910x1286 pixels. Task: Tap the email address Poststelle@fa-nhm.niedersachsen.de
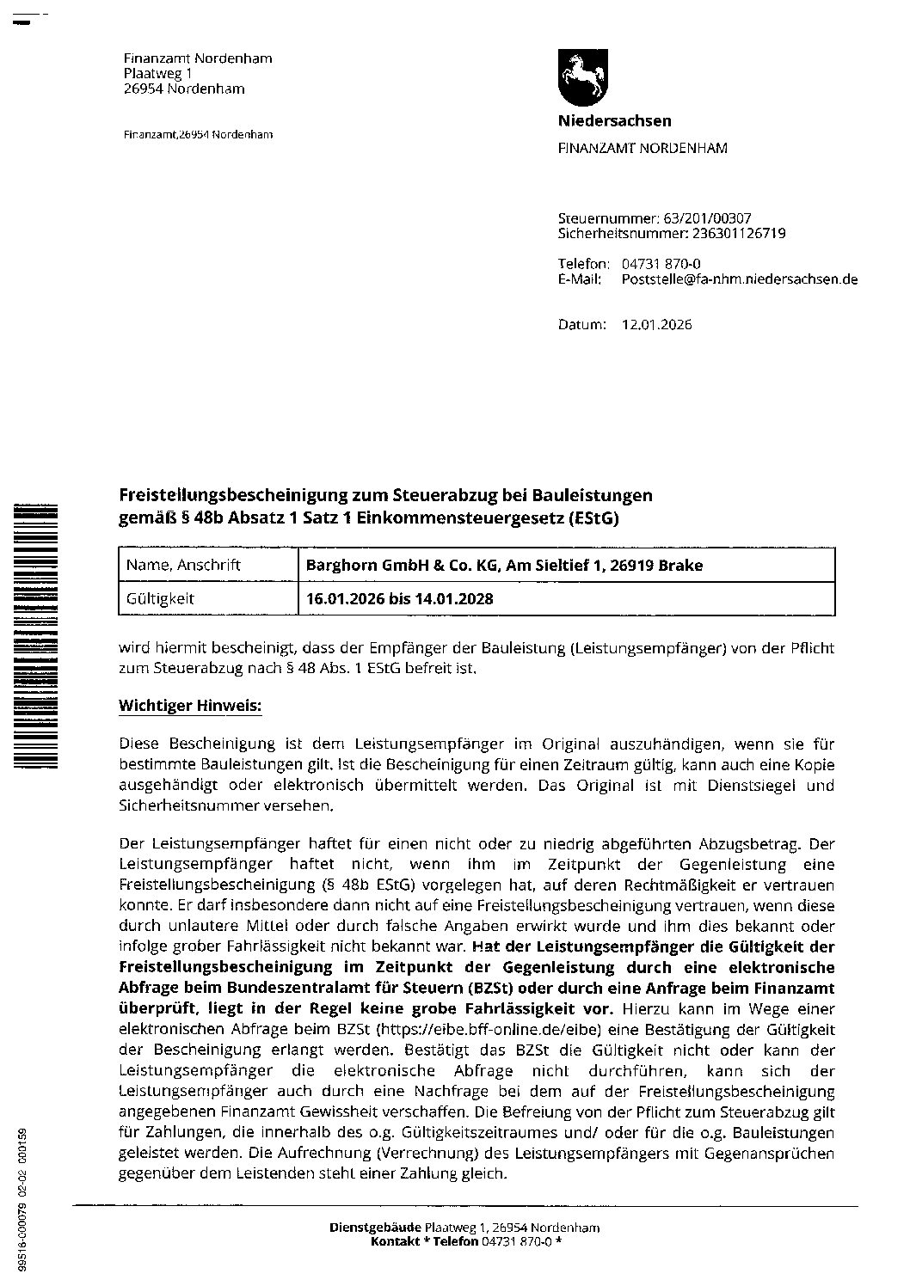(739, 279)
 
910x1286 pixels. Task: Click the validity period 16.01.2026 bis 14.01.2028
(400, 598)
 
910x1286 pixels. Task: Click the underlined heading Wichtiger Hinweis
(189, 707)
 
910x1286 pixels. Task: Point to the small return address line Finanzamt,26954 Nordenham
(199, 135)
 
